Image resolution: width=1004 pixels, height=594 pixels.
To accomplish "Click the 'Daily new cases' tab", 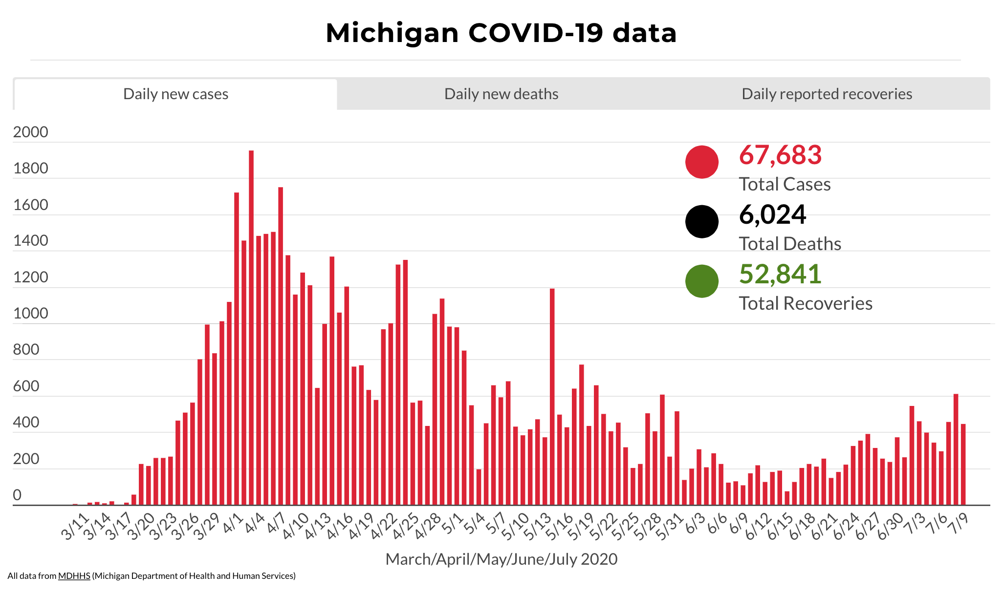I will tap(175, 94).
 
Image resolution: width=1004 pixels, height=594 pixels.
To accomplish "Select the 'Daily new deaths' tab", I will tap(501, 94).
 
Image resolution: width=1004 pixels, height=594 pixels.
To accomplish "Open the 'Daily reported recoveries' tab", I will tap(827, 94).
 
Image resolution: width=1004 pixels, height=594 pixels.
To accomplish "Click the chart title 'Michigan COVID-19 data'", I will tap(501, 33).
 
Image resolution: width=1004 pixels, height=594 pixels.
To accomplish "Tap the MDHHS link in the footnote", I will tap(74, 576).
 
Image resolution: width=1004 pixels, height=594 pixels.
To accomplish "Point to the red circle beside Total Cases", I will tap(701, 162).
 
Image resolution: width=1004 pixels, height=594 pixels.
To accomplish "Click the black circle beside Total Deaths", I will tap(701, 221).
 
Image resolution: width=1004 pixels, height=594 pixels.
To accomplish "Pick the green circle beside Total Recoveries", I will tap(701, 281).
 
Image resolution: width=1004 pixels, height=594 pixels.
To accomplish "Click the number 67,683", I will tap(780, 155).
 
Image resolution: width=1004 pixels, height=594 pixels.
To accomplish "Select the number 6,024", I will tap(772, 214).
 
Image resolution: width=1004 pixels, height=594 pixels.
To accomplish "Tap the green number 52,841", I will tap(780, 274).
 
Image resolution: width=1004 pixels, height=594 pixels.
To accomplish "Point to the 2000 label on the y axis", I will tap(31, 132).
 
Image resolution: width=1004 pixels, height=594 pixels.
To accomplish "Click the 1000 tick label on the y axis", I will tap(31, 314).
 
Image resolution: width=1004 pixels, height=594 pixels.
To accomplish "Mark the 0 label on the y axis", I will tap(17, 495).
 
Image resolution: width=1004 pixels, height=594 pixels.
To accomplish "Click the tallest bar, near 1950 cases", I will tap(251, 327).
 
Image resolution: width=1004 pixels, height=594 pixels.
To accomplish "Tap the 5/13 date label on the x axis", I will tap(537, 527).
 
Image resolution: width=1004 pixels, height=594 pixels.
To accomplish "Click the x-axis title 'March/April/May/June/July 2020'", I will tap(501, 559).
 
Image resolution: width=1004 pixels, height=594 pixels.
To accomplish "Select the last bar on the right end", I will tap(963, 464).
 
